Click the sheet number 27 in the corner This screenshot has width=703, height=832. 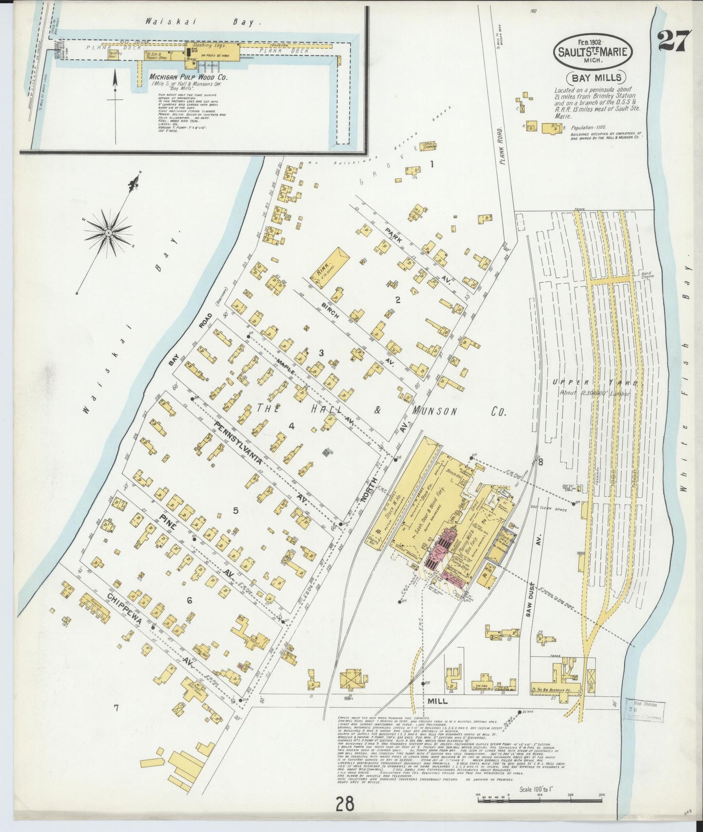(674, 41)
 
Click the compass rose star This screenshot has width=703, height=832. (108, 234)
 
